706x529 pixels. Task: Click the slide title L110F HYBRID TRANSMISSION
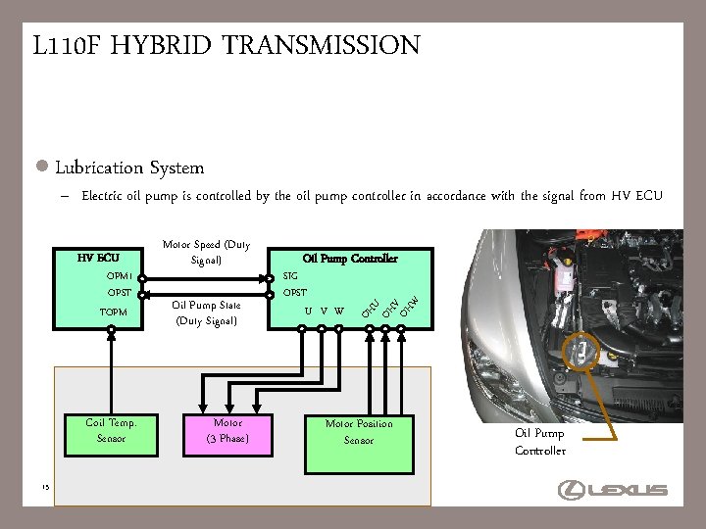click(227, 46)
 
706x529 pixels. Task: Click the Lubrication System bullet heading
click(129, 168)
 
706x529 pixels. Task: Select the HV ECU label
click(98, 258)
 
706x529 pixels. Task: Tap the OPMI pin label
click(120, 276)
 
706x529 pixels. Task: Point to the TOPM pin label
click(115, 312)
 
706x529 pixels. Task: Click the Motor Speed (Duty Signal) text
click(206, 252)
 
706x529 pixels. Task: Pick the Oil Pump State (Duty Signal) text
click(206, 313)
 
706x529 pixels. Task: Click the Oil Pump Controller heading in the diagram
click(350, 258)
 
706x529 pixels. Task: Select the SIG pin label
click(290, 276)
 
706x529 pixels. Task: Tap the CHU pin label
click(370, 310)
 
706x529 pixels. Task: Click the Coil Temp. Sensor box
click(111, 431)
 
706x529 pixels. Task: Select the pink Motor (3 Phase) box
click(227, 431)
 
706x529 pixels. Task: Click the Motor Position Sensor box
click(359, 432)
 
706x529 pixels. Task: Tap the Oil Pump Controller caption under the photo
click(539, 442)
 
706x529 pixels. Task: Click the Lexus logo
click(612, 490)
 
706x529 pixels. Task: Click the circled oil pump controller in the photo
click(584, 351)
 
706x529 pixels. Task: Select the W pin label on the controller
click(339, 312)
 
